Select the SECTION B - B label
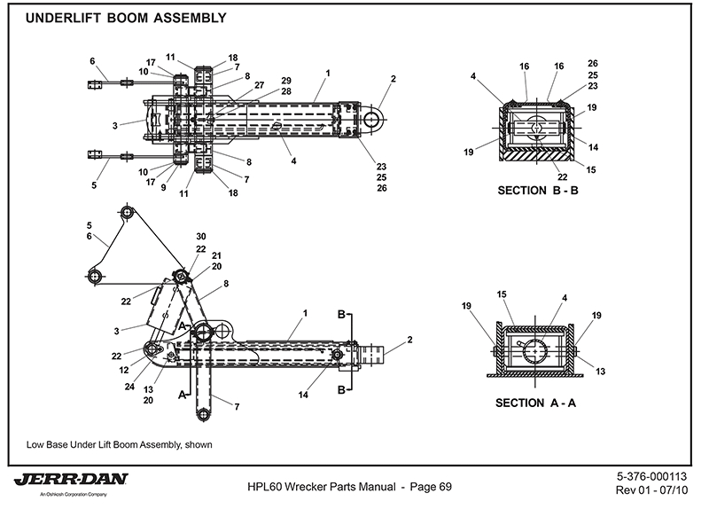pos(537,191)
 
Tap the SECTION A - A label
pos(537,403)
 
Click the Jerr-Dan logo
pos(71,480)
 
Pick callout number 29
pos(261,81)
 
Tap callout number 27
pos(259,86)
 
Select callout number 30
pos(202,236)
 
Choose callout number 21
pos(216,255)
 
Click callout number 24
pos(129,386)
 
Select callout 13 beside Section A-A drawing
pos(602,372)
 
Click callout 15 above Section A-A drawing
pos(500,294)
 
